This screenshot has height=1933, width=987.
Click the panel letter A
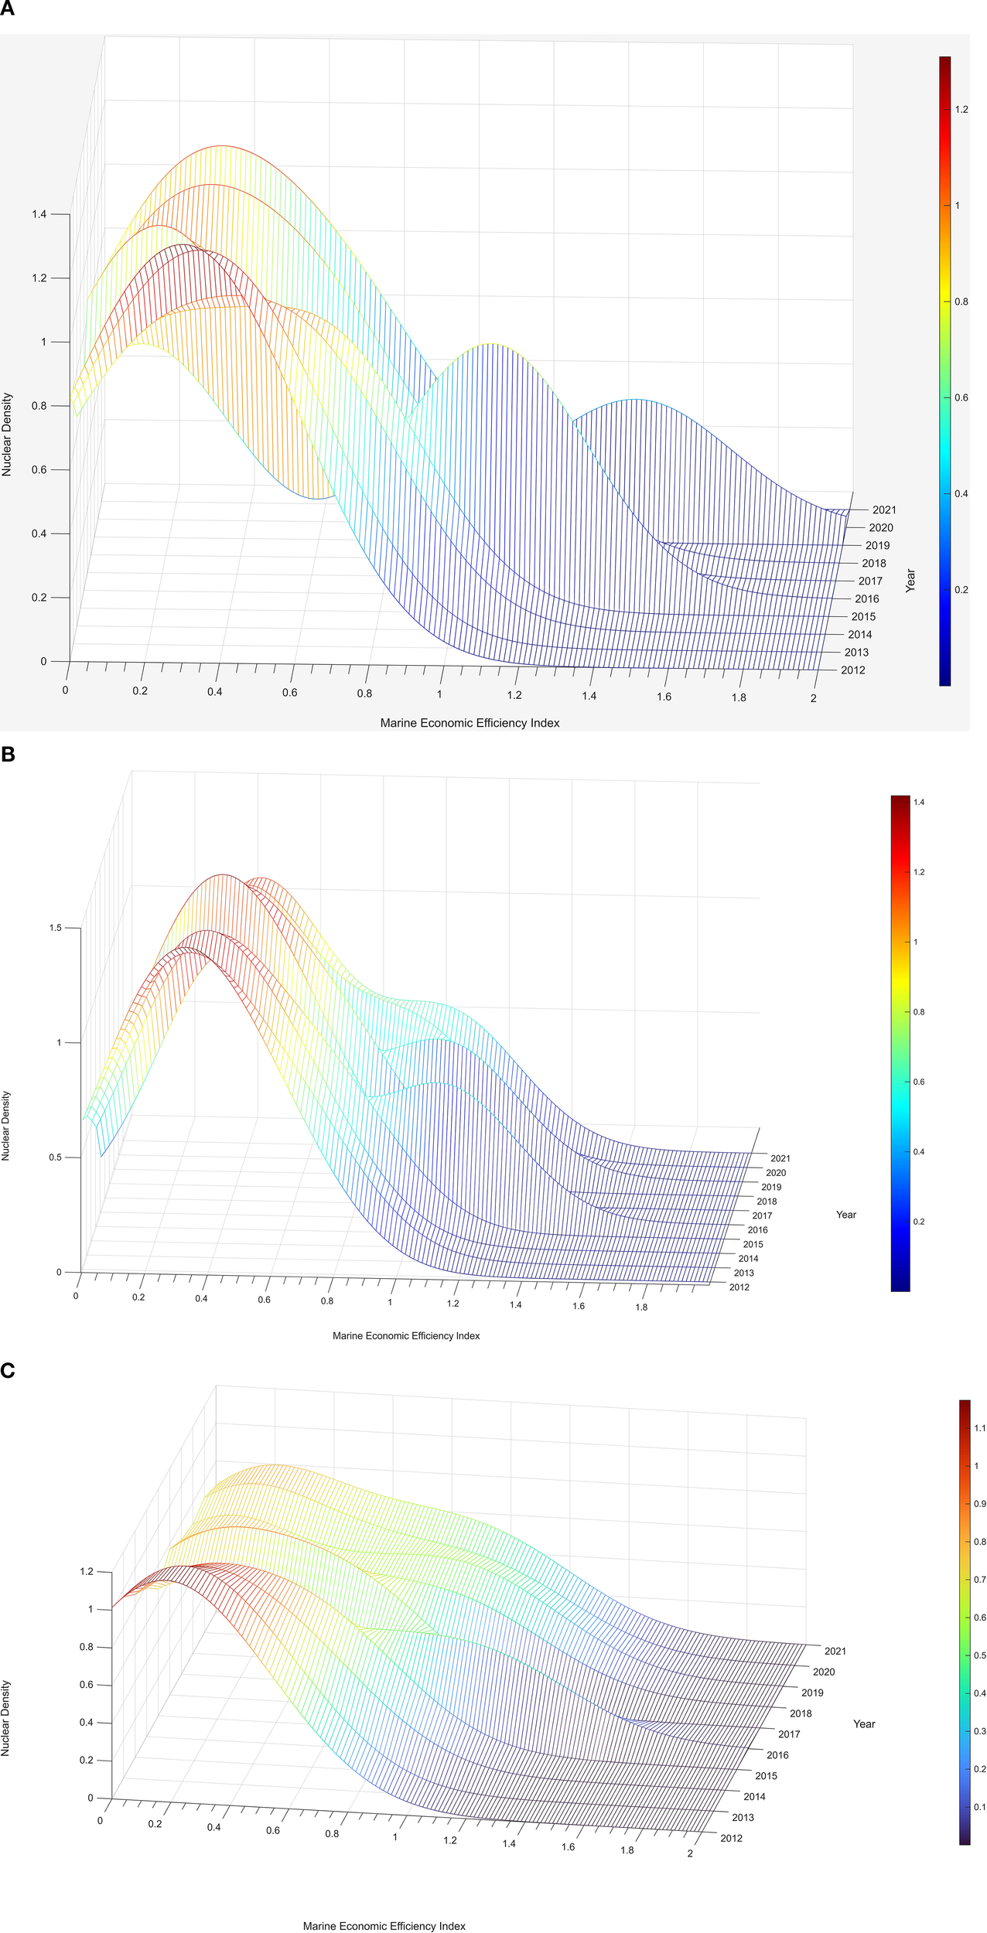(x=7, y=9)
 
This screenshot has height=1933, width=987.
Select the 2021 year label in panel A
(x=884, y=510)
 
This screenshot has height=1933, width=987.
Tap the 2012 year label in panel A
(x=853, y=670)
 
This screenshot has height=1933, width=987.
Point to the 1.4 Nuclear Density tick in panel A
(x=39, y=214)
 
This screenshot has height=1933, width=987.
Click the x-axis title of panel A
(x=470, y=723)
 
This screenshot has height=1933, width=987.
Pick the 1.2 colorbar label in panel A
(x=961, y=110)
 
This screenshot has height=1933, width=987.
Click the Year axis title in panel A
(x=910, y=581)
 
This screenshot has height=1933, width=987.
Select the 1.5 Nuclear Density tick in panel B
(x=55, y=928)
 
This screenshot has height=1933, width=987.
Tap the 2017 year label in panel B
(x=762, y=1215)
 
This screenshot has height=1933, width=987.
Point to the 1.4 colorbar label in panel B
(x=919, y=803)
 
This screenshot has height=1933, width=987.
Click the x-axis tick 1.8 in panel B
(x=641, y=1307)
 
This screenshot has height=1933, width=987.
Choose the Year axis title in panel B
(x=846, y=1215)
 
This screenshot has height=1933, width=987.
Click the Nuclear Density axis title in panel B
(x=6, y=1125)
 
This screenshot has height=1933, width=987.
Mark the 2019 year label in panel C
(x=812, y=1693)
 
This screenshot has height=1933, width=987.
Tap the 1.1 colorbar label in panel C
(x=980, y=1428)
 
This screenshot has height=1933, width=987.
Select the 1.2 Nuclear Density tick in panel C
(x=86, y=1571)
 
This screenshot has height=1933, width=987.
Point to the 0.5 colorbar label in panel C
(x=980, y=1655)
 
